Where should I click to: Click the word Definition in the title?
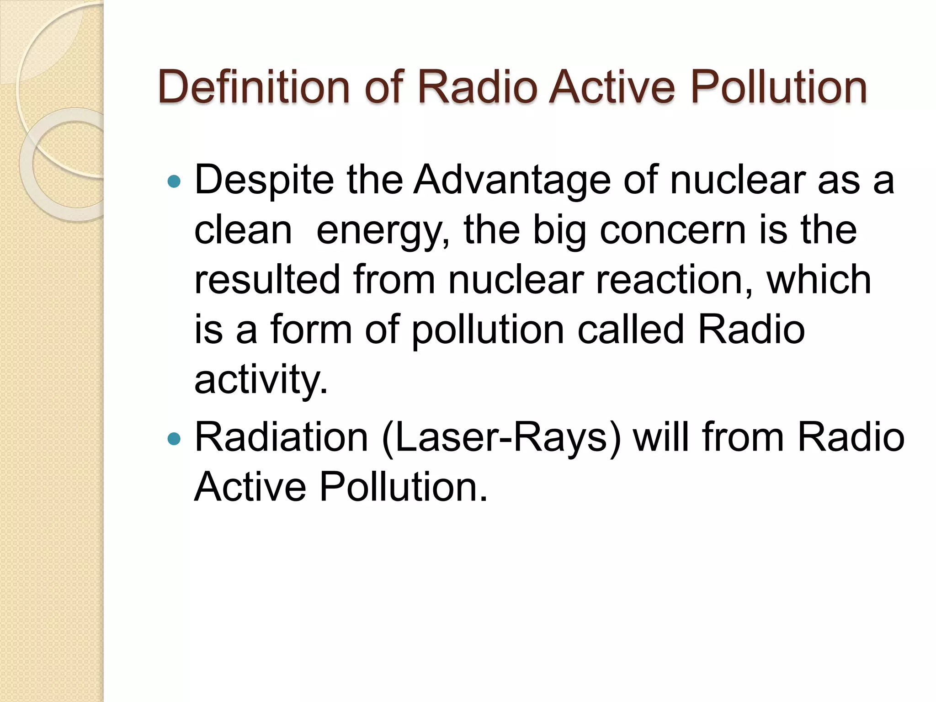pyautogui.click(x=254, y=86)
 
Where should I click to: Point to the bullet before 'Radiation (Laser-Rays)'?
pyautogui.click(x=174, y=439)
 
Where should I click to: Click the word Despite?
pyautogui.click(x=264, y=180)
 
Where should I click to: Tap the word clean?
pyautogui.click(x=243, y=230)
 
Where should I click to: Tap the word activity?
pyautogui.click(x=261, y=379)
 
